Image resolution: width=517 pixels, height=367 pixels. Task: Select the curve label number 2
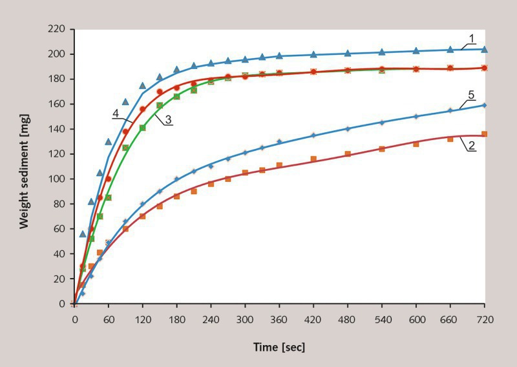coord(472,146)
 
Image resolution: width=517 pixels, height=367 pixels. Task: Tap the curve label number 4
coord(115,113)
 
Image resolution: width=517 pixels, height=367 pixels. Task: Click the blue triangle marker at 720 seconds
coord(485,49)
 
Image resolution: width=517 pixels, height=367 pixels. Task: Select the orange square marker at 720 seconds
coord(485,134)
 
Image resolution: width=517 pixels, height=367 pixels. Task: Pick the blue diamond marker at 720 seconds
coord(485,105)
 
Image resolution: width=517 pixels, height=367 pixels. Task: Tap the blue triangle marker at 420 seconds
coord(313,54)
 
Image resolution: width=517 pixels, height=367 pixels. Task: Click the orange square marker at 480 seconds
coord(348,154)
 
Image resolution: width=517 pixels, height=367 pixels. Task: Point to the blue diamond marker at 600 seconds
coord(416,116)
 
